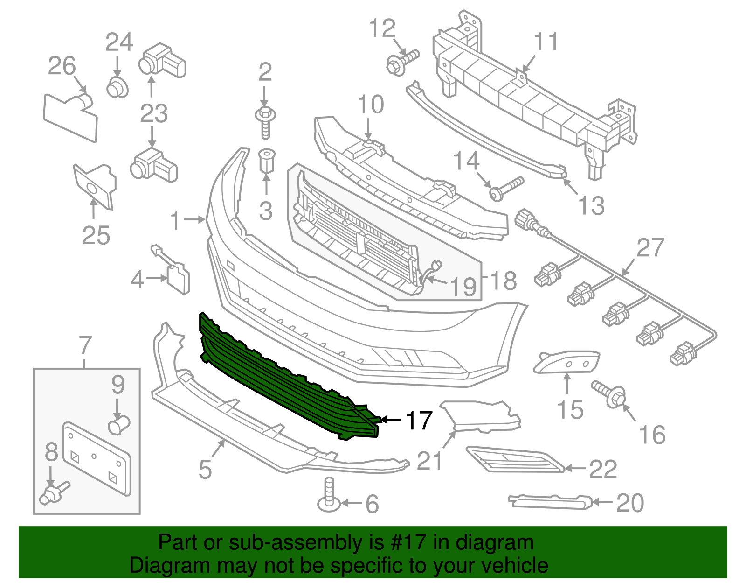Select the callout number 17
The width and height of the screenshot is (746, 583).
[419, 421]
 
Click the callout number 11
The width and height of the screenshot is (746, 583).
[546, 42]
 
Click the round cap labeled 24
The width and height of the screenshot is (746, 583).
[117, 88]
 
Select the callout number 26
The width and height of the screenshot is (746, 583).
[62, 66]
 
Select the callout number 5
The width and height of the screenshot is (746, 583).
[205, 469]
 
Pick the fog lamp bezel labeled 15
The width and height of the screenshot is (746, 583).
[566, 362]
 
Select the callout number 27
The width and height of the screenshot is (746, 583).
[650, 247]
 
